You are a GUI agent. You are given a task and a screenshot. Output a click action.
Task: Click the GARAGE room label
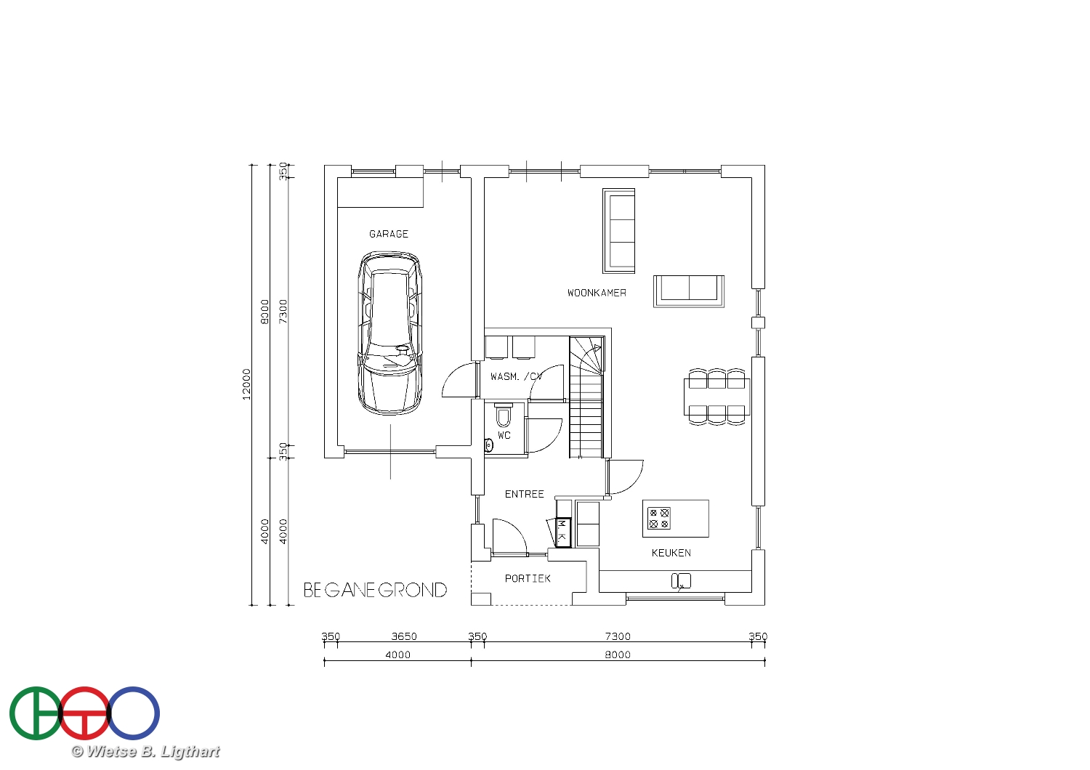(x=388, y=234)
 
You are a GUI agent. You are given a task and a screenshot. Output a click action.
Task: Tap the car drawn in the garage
(x=389, y=333)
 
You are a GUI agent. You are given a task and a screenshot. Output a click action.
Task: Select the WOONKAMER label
(x=597, y=293)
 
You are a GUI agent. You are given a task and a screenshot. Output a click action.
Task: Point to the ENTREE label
(x=524, y=494)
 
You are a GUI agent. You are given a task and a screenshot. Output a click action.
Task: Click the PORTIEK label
(x=528, y=578)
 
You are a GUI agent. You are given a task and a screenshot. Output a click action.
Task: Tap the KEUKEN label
(x=671, y=553)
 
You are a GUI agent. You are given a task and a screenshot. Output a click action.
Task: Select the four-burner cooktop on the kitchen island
(x=659, y=518)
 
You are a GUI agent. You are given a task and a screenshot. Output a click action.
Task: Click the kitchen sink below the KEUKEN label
(x=681, y=581)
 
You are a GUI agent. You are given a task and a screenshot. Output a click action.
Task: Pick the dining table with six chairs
(x=716, y=397)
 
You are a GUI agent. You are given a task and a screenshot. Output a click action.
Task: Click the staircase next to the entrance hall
(x=587, y=397)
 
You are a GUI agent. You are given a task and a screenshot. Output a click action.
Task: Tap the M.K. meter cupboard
(x=563, y=532)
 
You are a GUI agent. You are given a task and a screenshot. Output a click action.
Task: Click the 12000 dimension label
(x=247, y=384)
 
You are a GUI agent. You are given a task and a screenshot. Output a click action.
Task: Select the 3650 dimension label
(x=404, y=636)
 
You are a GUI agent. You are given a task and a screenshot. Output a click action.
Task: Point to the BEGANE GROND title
(x=375, y=590)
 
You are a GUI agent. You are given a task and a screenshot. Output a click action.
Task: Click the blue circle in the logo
(x=133, y=713)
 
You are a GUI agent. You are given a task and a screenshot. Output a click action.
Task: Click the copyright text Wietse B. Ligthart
(x=145, y=752)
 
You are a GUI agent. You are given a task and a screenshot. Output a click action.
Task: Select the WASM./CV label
(x=516, y=376)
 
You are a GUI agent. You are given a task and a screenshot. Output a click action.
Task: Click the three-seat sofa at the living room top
(x=619, y=231)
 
